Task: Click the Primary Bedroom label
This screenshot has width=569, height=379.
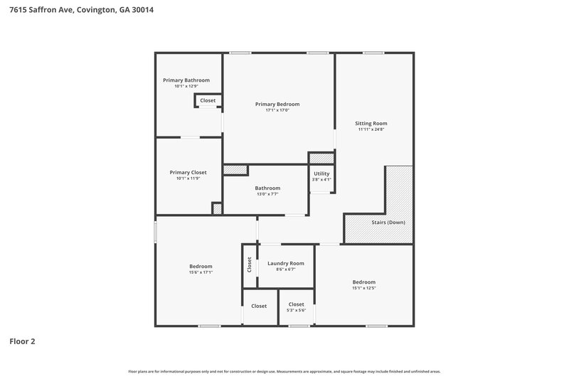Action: pos(277,104)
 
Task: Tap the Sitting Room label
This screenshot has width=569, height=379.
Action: pos(371,123)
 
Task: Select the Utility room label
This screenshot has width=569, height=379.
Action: pos(321,174)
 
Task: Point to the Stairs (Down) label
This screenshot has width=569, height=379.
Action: pos(388,223)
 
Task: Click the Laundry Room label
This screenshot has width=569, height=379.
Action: pos(285,263)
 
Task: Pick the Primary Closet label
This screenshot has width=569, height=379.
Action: pos(188,172)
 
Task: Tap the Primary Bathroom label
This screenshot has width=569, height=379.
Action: pos(186,80)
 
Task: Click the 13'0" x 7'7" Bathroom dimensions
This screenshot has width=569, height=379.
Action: pos(267,194)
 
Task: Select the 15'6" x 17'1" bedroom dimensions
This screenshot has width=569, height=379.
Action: pos(201,272)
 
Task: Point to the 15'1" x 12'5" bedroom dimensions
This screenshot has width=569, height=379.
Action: pos(363,287)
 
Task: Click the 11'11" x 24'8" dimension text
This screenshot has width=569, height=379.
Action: pos(371,129)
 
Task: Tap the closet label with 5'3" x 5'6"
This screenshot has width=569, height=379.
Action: pos(296,304)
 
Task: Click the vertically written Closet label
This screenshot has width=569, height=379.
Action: pos(250,265)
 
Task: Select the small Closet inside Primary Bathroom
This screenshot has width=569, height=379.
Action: pos(208,101)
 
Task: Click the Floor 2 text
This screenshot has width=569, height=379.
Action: pos(22,341)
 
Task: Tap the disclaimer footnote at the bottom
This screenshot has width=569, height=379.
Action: pos(284,371)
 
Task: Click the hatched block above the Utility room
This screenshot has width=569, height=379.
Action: pos(321,158)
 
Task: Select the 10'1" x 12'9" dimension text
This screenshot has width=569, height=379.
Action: pos(186,87)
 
